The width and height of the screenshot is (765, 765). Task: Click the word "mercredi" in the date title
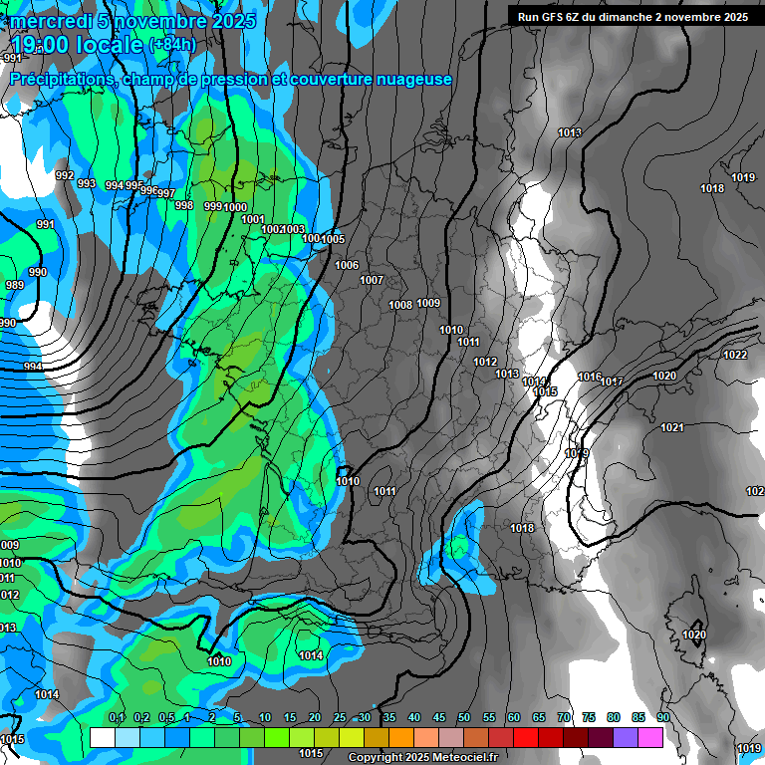(51, 20)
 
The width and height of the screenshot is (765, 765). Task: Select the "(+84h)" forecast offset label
(172, 45)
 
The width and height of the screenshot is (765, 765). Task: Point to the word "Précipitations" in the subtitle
(60, 79)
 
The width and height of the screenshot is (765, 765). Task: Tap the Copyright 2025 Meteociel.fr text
(422, 758)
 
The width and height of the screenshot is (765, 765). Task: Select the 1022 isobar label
(735, 355)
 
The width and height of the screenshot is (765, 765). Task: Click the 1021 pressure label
(672, 427)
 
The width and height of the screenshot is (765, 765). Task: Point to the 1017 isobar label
(612, 382)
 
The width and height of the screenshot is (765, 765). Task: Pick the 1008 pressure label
(400, 305)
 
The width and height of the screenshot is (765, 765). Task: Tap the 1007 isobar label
(372, 280)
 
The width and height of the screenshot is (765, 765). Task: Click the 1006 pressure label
(347, 265)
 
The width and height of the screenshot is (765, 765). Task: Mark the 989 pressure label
(14, 286)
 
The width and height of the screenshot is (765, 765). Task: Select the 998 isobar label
(184, 205)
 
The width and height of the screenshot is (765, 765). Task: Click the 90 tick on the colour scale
(662, 717)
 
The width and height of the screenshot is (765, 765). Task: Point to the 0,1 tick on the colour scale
(117, 717)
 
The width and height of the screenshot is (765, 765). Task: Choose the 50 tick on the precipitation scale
(463, 717)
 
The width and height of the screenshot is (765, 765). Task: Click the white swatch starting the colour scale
(102, 737)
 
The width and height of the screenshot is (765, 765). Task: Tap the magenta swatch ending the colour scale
(650, 737)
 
